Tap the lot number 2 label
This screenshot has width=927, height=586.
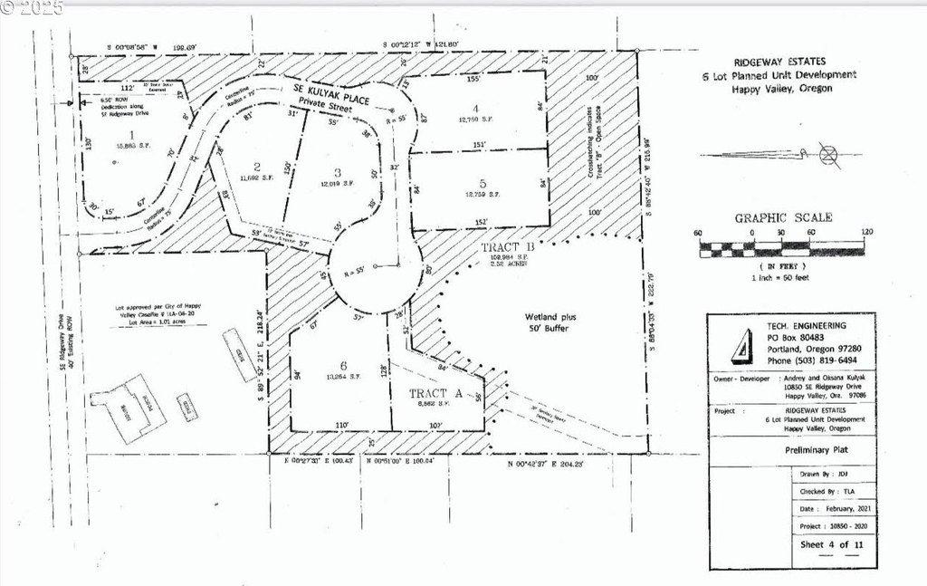(x=257, y=165)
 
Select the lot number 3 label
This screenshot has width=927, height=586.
(x=336, y=172)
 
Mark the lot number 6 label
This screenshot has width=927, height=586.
(x=342, y=365)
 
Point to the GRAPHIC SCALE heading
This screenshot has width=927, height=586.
(x=783, y=217)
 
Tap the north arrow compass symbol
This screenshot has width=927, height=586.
(x=828, y=154)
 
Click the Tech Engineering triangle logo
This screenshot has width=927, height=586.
(x=740, y=345)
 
